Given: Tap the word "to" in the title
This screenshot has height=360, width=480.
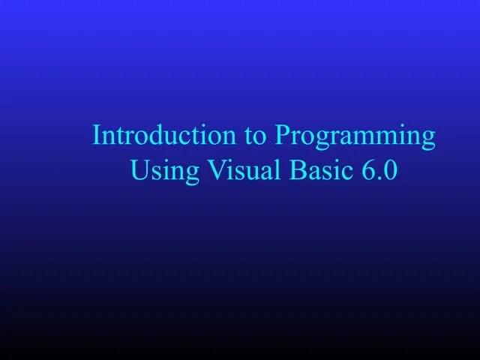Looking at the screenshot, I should click(255, 136).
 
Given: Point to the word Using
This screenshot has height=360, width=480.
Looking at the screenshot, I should click(165, 172).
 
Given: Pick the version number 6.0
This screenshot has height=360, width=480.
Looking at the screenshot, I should click(377, 170).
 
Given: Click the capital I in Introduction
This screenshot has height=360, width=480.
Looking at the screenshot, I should click(96, 136).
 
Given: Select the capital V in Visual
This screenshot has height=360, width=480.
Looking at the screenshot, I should click(216, 170).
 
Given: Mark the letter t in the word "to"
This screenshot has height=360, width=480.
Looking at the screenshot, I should click(249, 136).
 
